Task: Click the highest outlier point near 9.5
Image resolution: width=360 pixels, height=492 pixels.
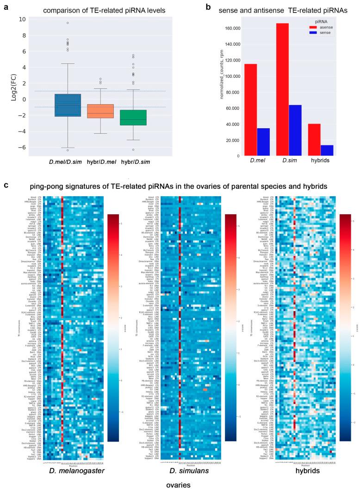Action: (68, 23)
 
